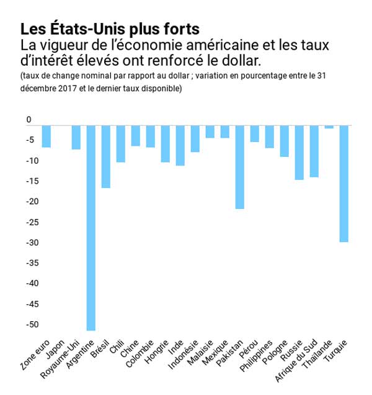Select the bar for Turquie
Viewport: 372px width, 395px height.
click(x=343, y=184)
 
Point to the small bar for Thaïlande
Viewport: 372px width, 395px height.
click(x=329, y=126)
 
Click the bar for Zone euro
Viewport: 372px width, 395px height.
click(x=46, y=136)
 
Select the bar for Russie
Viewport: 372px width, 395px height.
click(x=299, y=153)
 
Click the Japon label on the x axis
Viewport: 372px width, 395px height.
click(x=54, y=349)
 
